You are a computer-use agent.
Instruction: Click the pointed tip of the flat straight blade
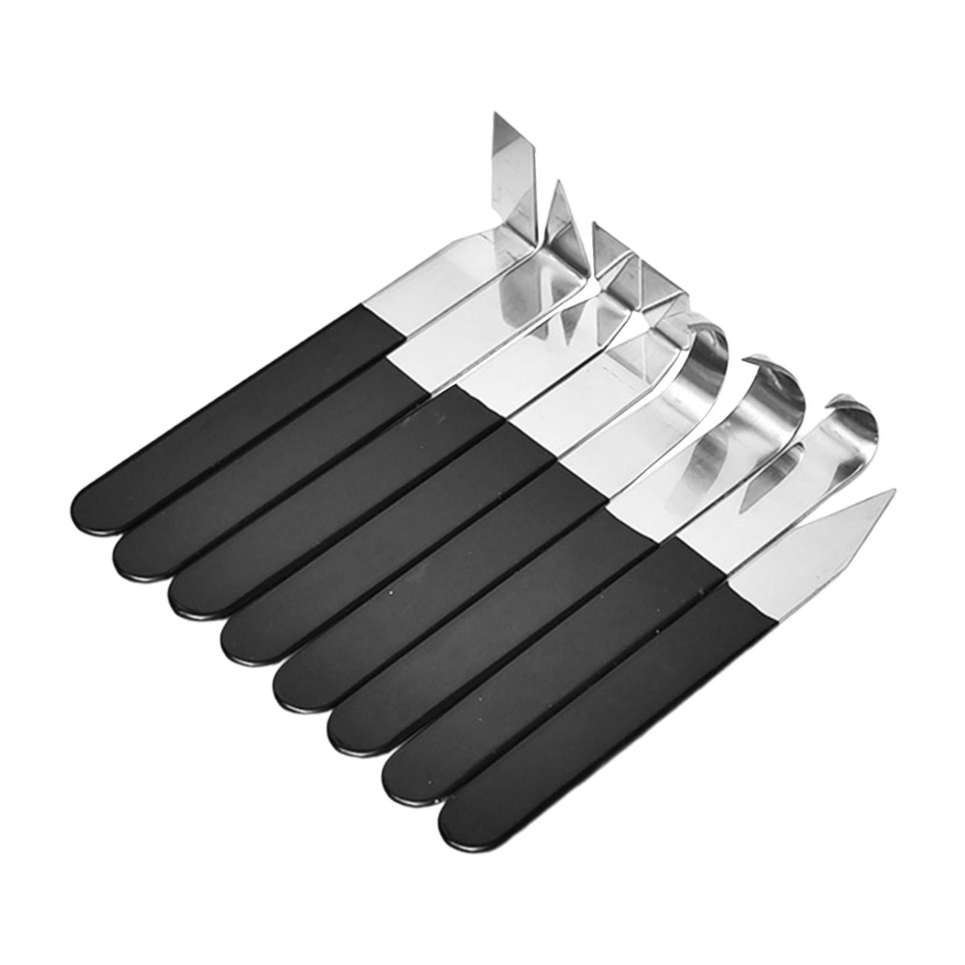click(893, 492)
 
